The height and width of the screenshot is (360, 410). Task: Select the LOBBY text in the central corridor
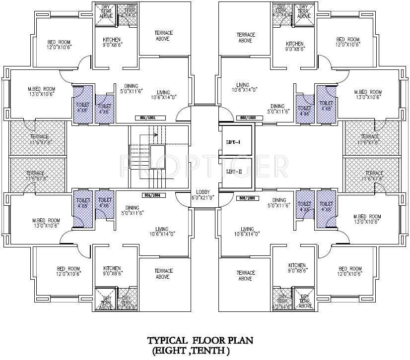[x=203, y=192]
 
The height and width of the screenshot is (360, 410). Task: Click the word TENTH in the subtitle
[x=215, y=350]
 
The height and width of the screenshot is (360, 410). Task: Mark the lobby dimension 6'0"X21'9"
[x=203, y=198]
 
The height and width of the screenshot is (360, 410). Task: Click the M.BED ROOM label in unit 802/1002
[x=367, y=92]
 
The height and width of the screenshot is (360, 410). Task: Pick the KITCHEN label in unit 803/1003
[x=296, y=266]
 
